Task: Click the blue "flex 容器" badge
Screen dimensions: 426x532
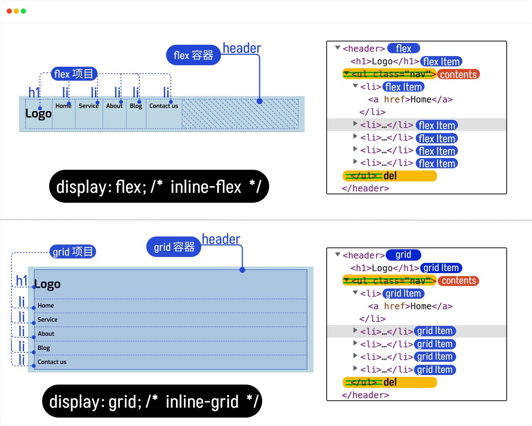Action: click(x=193, y=55)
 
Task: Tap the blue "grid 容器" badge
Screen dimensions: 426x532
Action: click(x=174, y=247)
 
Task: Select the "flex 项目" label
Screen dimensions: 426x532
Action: click(x=74, y=74)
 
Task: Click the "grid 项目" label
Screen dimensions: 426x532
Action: click(x=73, y=252)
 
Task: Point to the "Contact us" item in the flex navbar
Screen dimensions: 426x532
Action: click(x=164, y=106)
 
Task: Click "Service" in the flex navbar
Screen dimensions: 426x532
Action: click(x=89, y=106)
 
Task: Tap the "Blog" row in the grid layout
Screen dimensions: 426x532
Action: click(x=44, y=348)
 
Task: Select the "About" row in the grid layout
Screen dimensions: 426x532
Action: click(x=46, y=334)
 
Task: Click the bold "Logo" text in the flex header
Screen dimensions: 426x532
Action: click(x=38, y=114)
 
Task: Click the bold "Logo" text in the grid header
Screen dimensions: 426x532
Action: click(x=47, y=284)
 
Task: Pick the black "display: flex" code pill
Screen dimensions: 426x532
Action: click(x=159, y=187)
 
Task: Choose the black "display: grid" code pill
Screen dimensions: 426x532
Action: click(x=152, y=401)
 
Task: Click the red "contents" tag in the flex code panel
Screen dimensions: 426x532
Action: click(x=458, y=74)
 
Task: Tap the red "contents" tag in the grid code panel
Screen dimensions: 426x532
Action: click(x=459, y=281)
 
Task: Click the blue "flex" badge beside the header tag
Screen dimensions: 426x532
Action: click(x=403, y=48)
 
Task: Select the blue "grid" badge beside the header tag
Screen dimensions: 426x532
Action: click(x=403, y=255)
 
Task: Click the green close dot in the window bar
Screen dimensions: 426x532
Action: click(x=23, y=11)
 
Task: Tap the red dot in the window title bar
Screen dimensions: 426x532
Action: click(x=9, y=11)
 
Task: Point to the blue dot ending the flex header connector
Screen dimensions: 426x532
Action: click(x=260, y=101)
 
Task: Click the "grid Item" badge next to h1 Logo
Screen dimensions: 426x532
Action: click(x=441, y=268)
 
